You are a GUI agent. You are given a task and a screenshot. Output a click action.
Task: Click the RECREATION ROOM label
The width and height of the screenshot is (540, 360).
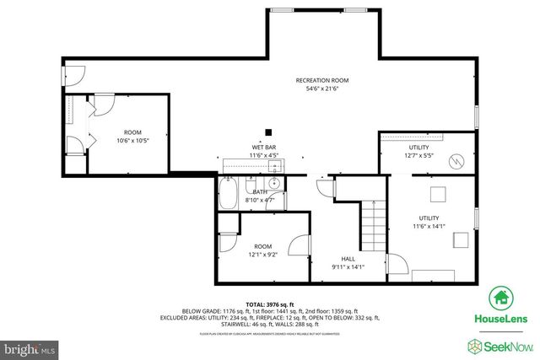(x=321, y=80)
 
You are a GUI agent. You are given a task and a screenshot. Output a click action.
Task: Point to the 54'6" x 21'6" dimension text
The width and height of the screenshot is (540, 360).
(x=321, y=89)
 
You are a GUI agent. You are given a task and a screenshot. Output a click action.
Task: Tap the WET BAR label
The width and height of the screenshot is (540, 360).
(x=264, y=148)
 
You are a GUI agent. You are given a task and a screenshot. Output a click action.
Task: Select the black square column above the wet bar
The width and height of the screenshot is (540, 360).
(x=268, y=131)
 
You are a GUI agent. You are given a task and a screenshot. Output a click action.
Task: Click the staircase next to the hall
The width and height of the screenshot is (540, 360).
(x=374, y=227)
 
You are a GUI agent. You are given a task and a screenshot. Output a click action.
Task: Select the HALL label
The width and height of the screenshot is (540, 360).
(x=348, y=259)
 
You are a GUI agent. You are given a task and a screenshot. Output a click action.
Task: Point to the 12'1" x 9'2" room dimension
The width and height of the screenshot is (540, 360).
(x=263, y=255)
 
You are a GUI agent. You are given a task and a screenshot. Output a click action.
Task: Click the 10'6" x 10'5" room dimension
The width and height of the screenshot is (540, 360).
(x=133, y=141)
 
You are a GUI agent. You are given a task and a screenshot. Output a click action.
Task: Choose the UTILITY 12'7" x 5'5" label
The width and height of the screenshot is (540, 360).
(x=419, y=151)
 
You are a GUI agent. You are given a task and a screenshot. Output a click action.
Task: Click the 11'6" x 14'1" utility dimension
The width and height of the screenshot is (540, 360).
(x=429, y=226)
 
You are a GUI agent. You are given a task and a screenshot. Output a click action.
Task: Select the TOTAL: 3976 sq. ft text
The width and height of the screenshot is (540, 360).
(x=269, y=304)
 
